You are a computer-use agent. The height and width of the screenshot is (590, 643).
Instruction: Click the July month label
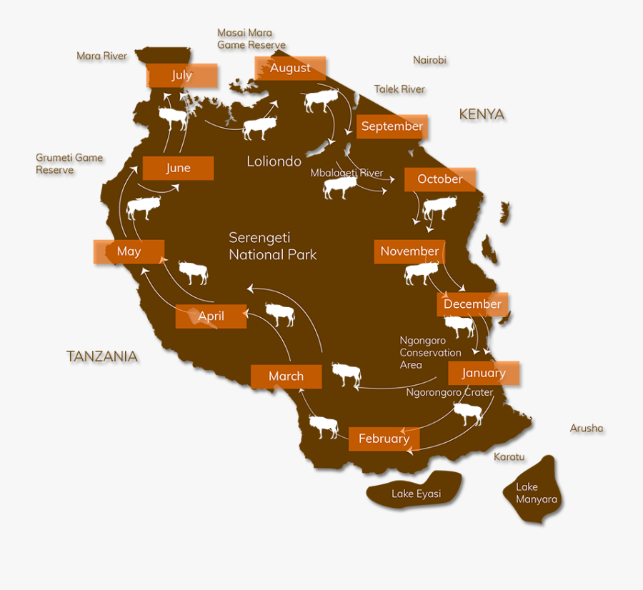(182, 75)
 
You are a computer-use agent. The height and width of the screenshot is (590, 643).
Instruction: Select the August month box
(290, 68)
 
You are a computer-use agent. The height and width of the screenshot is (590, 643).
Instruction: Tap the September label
(392, 126)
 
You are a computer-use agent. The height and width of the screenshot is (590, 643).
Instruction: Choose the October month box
(440, 179)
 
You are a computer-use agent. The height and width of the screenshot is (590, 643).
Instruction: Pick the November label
(410, 251)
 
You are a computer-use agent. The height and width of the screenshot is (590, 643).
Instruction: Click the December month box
(473, 304)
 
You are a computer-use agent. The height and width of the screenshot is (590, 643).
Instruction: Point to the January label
(484, 373)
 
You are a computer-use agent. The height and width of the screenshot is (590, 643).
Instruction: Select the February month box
(384, 439)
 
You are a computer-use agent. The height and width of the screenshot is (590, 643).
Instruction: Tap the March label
(286, 376)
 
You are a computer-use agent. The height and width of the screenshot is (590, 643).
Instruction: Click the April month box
(211, 316)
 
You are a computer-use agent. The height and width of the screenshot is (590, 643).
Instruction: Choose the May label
(129, 251)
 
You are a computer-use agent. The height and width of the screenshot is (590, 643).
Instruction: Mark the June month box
(178, 168)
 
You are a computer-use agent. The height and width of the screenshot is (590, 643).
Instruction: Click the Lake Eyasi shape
(416, 491)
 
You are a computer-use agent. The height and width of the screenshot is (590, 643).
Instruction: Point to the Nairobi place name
(429, 60)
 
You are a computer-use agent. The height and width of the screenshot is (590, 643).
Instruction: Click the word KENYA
(482, 114)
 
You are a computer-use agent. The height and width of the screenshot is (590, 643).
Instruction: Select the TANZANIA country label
(102, 356)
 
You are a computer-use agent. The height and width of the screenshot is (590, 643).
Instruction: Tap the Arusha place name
(587, 429)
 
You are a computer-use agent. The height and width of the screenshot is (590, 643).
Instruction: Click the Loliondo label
(274, 161)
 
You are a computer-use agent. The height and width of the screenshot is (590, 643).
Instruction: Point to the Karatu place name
(509, 456)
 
